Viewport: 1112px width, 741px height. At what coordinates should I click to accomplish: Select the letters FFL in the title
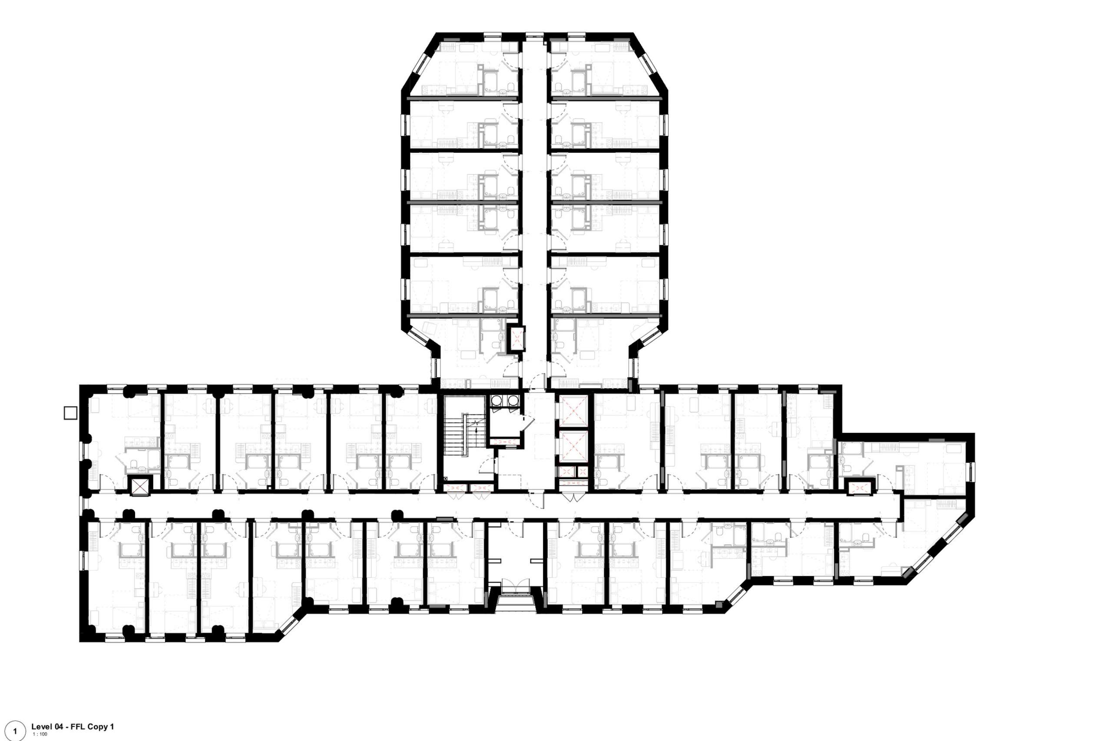(x=76, y=727)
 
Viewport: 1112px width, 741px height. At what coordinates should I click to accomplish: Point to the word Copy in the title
(x=94, y=727)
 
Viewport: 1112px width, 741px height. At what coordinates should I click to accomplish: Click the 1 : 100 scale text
(x=40, y=734)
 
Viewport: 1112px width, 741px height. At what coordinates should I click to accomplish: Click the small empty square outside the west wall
(x=70, y=412)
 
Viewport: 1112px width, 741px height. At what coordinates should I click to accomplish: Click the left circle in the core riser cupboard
(x=497, y=401)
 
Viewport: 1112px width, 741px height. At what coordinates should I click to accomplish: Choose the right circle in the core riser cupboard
(x=512, y=401)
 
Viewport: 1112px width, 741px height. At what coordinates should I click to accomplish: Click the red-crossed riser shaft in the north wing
(x=516, y=338)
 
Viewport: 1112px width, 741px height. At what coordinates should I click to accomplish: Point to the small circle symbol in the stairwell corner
(x=446, y=479)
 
